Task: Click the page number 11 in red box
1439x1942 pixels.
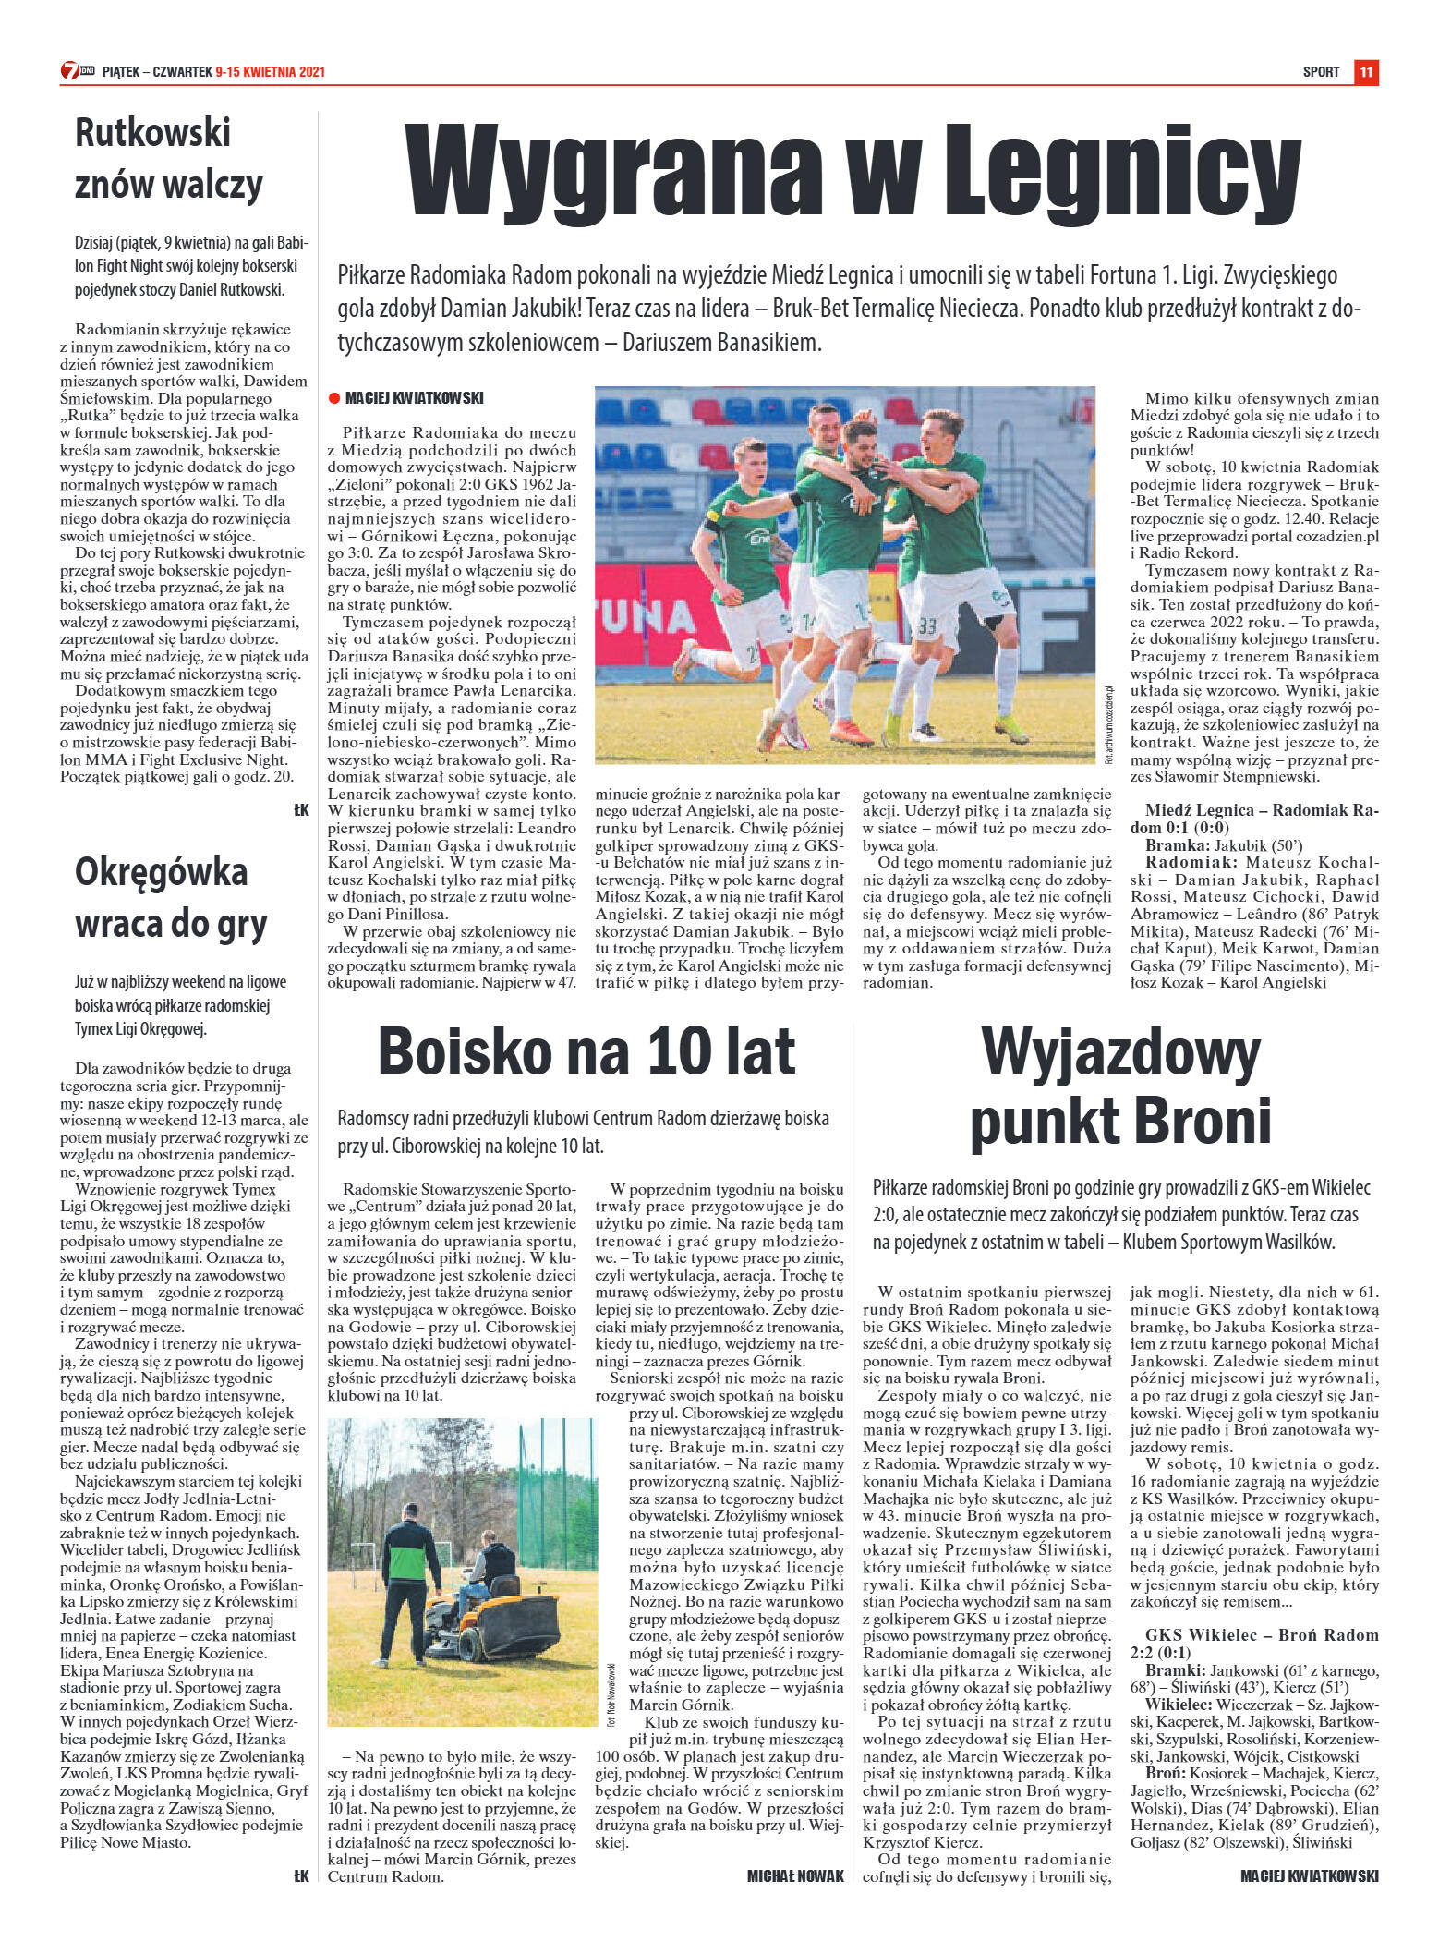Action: [1366, 71]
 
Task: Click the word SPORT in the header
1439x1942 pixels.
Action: [1321, 72]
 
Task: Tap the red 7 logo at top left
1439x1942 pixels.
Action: [69, 71]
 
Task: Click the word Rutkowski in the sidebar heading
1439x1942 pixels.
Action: [152, 133]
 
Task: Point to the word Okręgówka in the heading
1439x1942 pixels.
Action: [161, 871]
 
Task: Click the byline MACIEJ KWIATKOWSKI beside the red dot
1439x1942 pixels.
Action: [414, 398]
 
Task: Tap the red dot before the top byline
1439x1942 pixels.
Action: [334, 399]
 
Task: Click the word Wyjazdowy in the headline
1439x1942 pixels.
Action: [1119, 1052]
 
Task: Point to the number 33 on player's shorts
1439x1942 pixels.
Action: [926, 625]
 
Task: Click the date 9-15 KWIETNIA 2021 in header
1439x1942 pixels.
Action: [270, 72]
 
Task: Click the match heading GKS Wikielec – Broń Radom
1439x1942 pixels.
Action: [1253, 1635]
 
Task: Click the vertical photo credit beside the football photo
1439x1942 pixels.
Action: [1107, 725]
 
